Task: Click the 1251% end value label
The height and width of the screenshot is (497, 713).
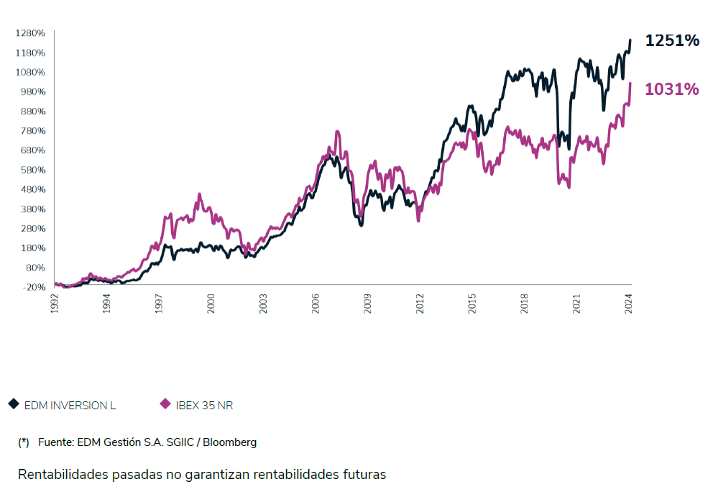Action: coord(672,41)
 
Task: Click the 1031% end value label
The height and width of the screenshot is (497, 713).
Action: coord(672,89)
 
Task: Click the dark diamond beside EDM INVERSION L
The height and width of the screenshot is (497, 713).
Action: coord(13,404)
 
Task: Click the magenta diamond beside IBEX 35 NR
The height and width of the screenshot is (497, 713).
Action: coord(165,404)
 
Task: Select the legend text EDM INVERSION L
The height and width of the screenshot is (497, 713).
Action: coord(70,406)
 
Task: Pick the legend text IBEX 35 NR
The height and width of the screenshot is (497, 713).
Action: coord(204,406)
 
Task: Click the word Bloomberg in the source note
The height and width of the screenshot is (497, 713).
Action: coord(229,442)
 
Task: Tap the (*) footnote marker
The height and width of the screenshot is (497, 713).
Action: coord(24,442)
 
